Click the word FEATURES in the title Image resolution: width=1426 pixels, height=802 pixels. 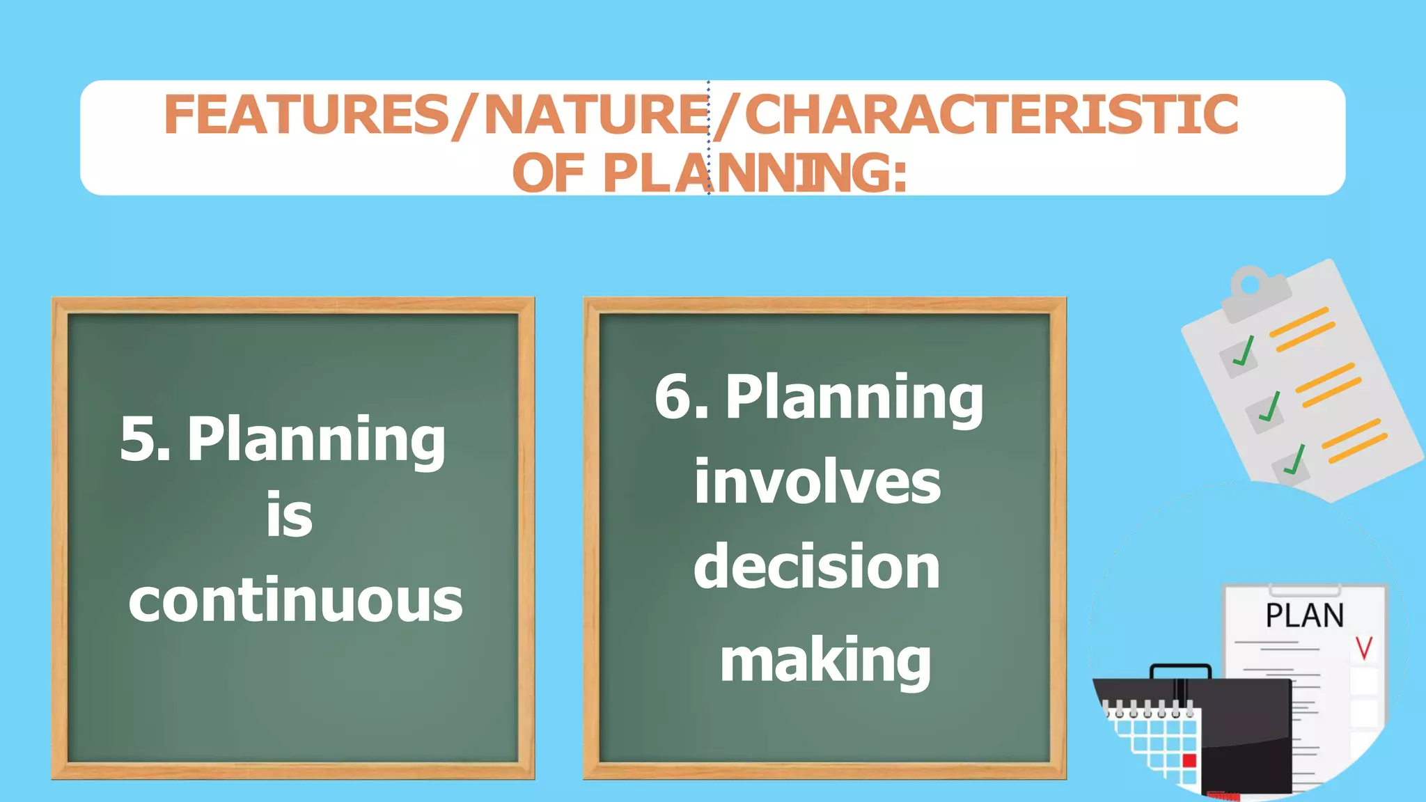[x=306, y=115]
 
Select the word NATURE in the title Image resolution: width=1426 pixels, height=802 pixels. [x=596, y=115]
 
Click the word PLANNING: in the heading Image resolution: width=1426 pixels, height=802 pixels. [x=755, y=173]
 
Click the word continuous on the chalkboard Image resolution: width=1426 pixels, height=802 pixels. [x=295, y=600]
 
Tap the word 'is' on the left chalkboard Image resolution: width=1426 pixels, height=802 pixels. [x=290, y=515]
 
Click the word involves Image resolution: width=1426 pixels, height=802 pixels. [x=817, y=482]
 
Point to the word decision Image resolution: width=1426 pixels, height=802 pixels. [x=817, y=567]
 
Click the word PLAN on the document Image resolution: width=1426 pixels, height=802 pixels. [x=1304, y=616]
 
